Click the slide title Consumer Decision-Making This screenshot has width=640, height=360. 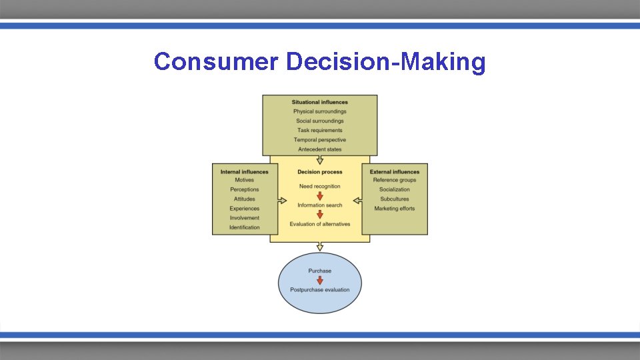319,62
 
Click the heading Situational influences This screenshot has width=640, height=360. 319,102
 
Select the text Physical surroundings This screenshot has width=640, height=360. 319,111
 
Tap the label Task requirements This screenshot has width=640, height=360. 319,131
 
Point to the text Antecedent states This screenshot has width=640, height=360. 319,149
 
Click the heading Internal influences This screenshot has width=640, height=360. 244,172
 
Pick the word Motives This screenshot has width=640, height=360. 244,180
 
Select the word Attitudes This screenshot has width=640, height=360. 244,199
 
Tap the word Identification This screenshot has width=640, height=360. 244,227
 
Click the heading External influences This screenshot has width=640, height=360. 395,172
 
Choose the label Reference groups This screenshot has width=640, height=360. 395,180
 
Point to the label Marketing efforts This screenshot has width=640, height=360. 395,209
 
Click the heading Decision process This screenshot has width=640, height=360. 320,172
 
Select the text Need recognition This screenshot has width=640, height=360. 320,187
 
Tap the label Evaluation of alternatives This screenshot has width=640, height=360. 320,224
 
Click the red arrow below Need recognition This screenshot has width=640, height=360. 320,196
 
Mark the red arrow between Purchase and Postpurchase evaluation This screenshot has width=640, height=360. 320,280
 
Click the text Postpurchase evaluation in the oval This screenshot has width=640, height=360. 320,289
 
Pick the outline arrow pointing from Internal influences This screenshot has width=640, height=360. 283,200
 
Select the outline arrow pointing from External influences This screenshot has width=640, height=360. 358,200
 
